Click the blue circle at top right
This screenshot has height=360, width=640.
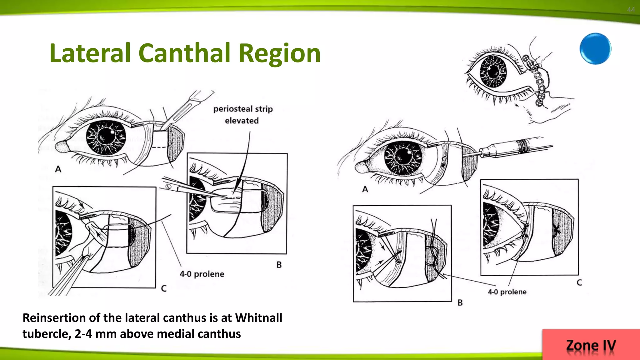click(595, 49)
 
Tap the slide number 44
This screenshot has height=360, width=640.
click(631, 10)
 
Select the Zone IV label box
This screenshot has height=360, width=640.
click(591, 345)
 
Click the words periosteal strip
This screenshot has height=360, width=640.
click(243, 109)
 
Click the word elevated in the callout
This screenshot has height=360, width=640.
click(242, 121)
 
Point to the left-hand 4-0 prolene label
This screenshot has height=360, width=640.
click(202, 274)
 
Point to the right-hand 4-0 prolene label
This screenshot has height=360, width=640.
click(507, 292)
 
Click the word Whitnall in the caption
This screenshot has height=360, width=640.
click(258, 318)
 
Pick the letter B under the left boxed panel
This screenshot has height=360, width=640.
click(279, 265)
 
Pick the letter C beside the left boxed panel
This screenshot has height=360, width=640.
click(163, 288)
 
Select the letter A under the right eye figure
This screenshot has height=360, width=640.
click(365, 189)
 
